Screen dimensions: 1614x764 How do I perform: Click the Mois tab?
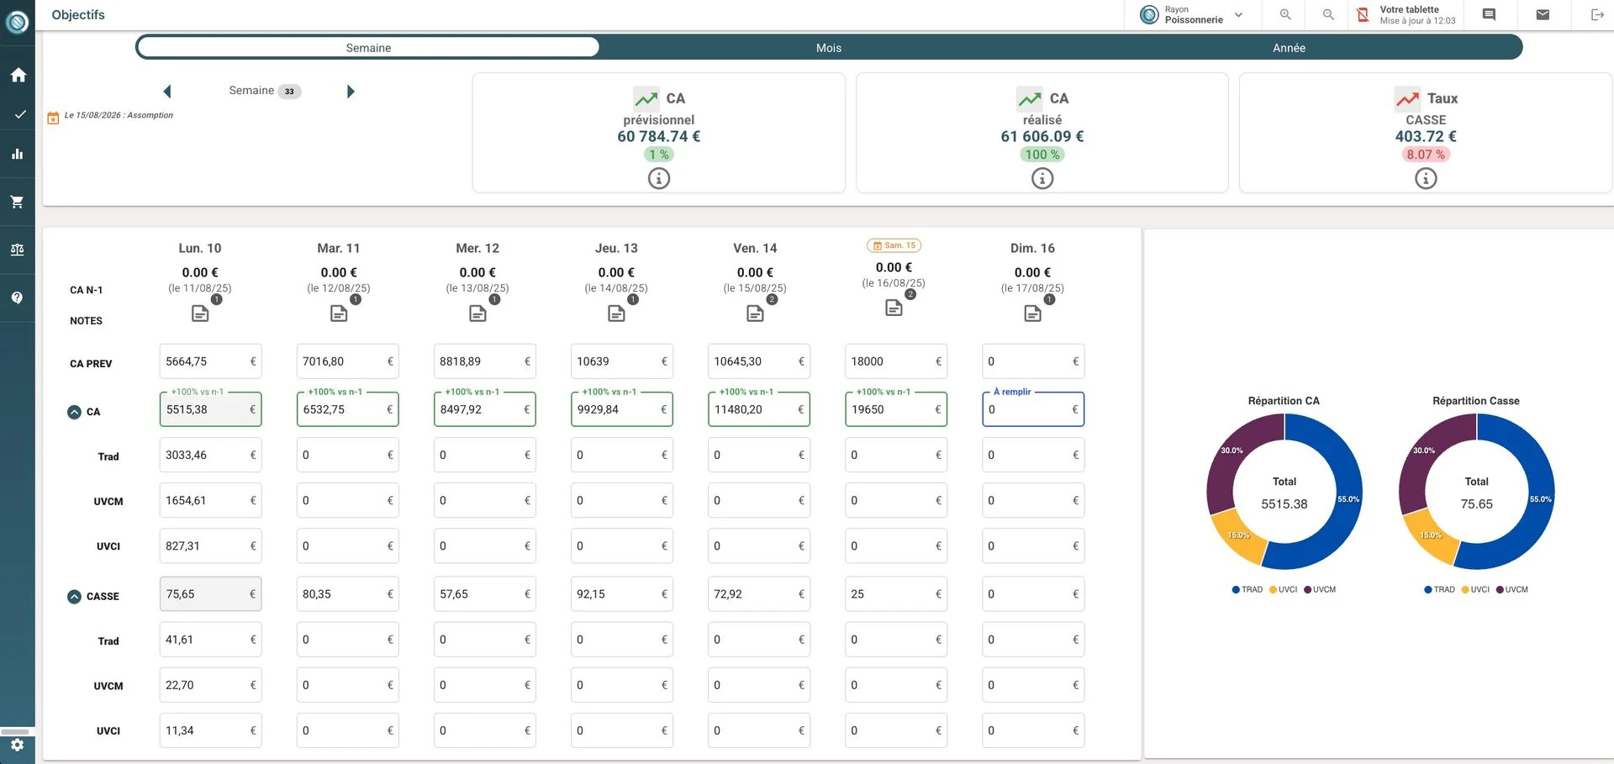pos(828,48)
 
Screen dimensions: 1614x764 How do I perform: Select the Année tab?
pos(1289,48)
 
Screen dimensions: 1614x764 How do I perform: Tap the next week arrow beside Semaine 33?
pos(351,91)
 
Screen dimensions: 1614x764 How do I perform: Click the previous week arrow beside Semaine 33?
pos(167,91)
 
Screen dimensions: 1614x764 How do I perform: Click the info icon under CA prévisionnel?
pos(659,178)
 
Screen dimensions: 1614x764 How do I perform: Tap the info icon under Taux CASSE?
pos(1426,178)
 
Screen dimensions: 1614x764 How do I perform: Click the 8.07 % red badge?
pos(1426,155)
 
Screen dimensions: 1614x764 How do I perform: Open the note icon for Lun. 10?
pos(200,314)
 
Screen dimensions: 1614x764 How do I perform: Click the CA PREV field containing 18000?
pos(896,361)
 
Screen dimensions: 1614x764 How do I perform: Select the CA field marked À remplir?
pos(1033,409)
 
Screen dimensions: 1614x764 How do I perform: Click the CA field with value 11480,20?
pos(759,409)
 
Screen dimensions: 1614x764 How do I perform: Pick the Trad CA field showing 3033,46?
pos(210,455)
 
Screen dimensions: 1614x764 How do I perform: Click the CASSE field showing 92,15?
pos(622,594)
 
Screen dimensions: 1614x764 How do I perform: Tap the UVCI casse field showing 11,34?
pos(210,730)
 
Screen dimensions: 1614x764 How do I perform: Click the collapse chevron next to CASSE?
pos(74,597)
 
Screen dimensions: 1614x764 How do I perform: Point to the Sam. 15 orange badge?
pos(894,245)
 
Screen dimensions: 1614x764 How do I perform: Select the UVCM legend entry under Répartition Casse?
pos(1511,589)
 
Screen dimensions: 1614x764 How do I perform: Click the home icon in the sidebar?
pos(18,75)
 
